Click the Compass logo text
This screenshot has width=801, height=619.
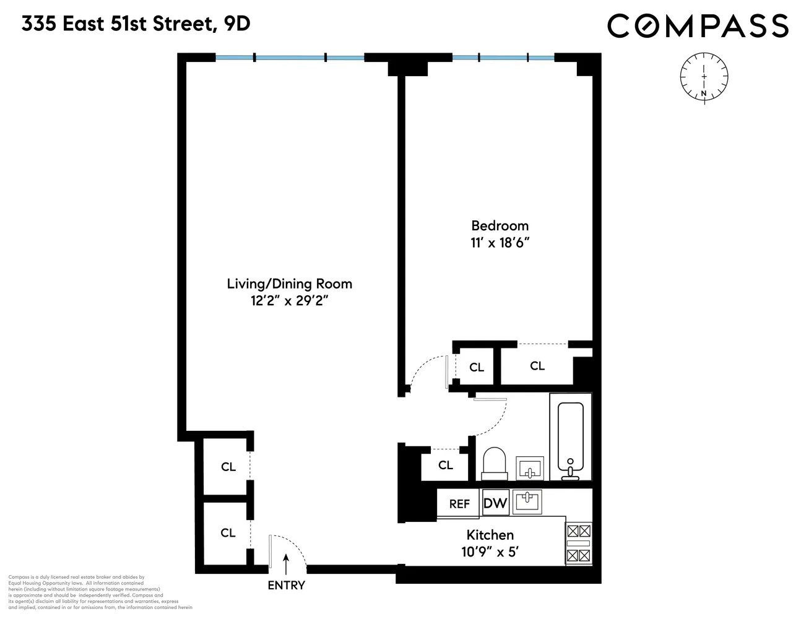698,26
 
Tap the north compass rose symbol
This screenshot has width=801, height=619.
704,77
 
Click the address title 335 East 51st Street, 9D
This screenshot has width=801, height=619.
136,24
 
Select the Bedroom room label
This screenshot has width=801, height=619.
500,225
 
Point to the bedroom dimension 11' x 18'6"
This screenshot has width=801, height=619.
500,243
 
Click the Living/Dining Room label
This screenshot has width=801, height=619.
289,284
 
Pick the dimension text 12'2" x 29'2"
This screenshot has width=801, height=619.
289,301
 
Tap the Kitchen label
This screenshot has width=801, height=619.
490,535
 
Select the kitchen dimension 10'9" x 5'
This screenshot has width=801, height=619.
490,551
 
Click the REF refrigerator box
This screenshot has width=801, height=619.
459,504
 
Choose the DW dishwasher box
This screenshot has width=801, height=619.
495,503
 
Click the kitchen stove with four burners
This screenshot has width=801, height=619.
579,543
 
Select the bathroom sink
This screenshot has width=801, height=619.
529,468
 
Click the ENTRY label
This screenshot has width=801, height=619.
286,585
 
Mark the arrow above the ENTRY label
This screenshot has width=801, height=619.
285,564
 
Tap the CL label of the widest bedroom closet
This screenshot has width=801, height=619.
537,366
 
